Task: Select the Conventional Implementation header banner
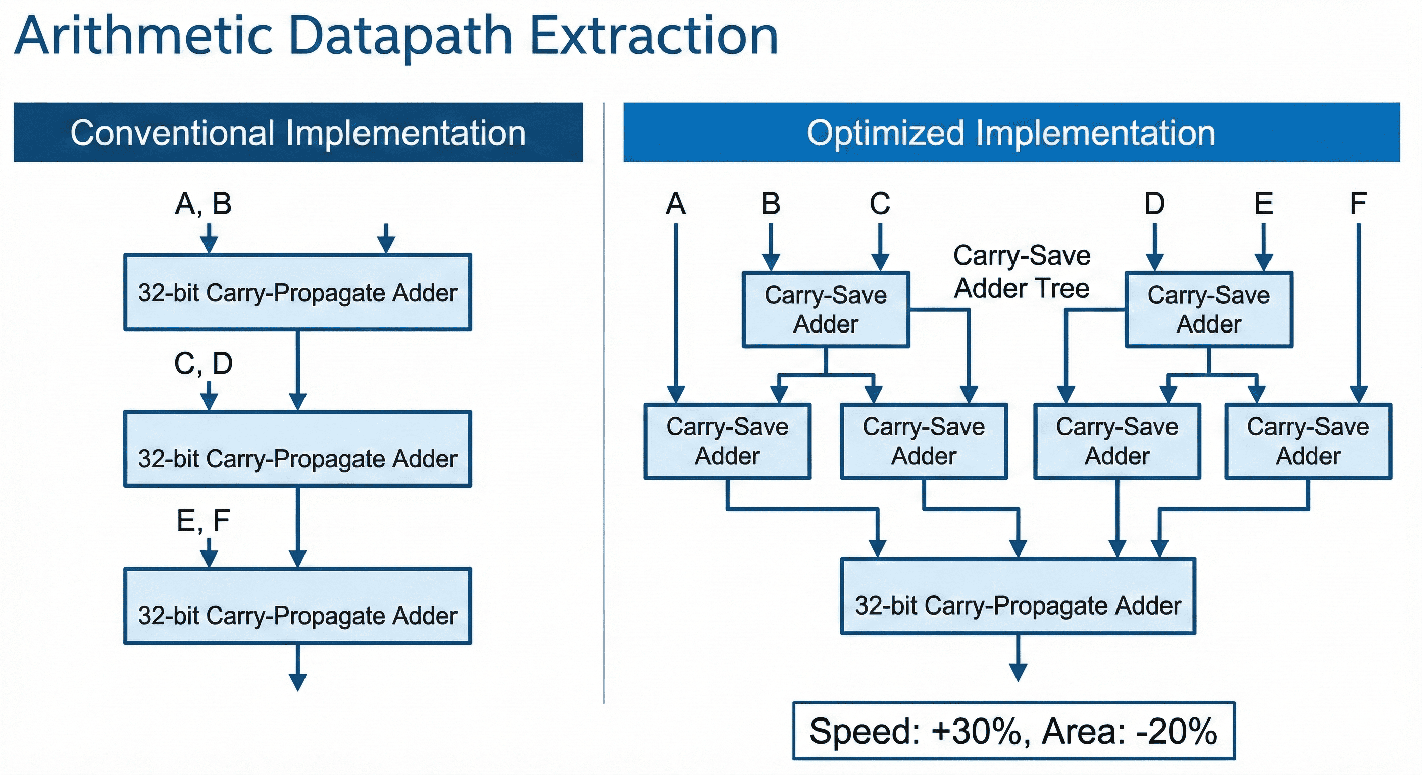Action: click(x=298, y=132)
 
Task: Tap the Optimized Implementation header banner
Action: click(x=1011, y=132)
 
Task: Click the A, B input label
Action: click(x=203, y=203)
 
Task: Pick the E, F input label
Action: click(x=203, y=521)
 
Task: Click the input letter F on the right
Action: click(x=1358, y=203)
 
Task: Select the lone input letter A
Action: click(x=676, y=203)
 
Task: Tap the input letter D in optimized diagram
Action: click(x=1154, y=203)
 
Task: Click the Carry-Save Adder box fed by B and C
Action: click(x=825, y=309)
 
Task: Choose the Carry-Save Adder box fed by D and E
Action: click(x=1208, y=309)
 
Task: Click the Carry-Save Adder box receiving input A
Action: click(x=727, y=441)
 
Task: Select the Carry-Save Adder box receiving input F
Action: click(x=1308, y=441)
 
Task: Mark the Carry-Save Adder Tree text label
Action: click(x=1021, y=272)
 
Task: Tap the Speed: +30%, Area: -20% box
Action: click(x=1013, y=731)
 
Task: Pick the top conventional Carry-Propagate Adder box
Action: click(x=297, y=292)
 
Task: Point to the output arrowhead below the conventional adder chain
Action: click(x=297, y=682)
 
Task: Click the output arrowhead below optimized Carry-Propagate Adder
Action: click(x=1018, y=673)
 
